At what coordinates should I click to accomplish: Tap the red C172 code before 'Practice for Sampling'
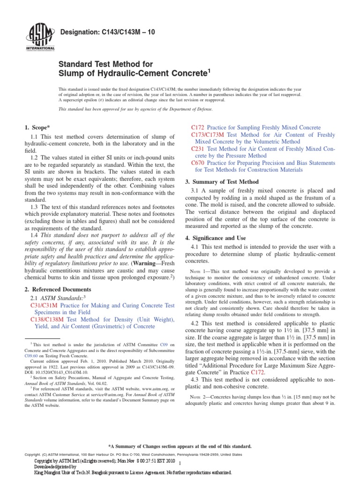point(198,127)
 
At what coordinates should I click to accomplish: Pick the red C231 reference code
point(198,149)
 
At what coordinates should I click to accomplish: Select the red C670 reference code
point(198,163)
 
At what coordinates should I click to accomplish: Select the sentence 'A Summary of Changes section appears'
point(180,446)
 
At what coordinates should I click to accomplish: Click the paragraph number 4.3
point(196,379)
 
